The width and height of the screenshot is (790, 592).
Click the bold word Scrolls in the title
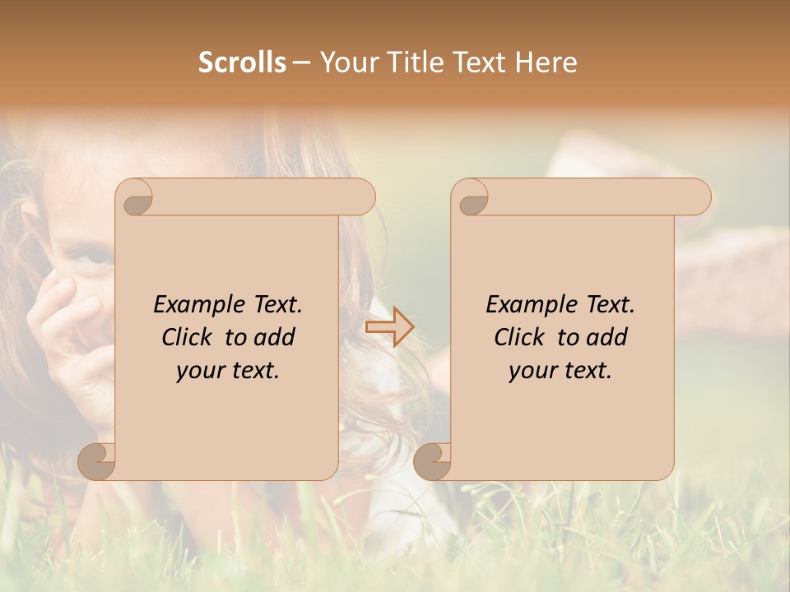[243, 62]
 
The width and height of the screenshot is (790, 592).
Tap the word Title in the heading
[409, 62]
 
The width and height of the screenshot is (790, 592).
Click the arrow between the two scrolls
[390, 328]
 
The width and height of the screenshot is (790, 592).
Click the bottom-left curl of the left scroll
[97, 461]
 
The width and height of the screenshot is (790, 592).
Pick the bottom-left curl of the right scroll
[432, 461]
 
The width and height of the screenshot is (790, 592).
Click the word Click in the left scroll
[186, 337]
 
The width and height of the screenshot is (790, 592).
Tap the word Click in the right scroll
[518, 337]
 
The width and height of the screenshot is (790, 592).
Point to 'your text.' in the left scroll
[228, 371]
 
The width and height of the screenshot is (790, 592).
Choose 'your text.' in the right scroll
[560, 371]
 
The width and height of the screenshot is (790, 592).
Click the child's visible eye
[92, 258]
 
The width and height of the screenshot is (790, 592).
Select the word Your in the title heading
[349, 62]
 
